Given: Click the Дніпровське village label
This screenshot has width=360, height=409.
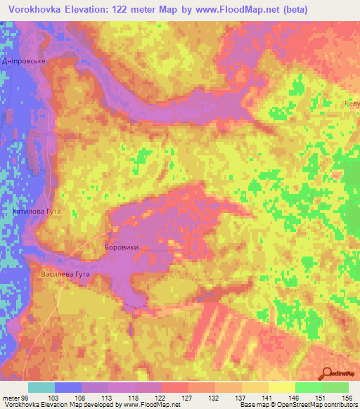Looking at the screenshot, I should pos(24,61).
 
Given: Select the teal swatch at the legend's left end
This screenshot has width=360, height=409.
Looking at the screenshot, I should pos(41,387).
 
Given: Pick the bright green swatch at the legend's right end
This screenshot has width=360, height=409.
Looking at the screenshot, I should pos(335,387).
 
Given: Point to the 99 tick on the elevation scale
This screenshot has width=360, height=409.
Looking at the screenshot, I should pos(25,397).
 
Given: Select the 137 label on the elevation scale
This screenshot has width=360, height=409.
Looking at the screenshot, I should pos(241,397).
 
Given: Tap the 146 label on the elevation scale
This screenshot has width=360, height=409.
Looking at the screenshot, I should pos(295,397).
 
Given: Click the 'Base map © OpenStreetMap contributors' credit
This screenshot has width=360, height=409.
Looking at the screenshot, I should pos(298,405).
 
